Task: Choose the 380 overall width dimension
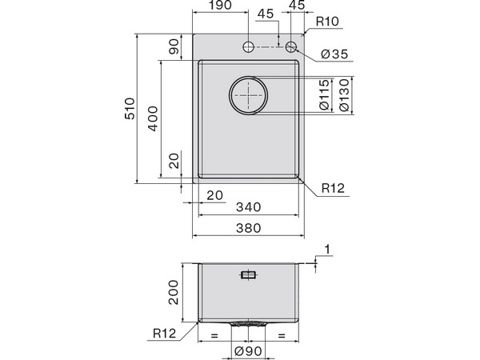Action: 249,228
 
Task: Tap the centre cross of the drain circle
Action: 250,96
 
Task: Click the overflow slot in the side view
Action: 249,276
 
